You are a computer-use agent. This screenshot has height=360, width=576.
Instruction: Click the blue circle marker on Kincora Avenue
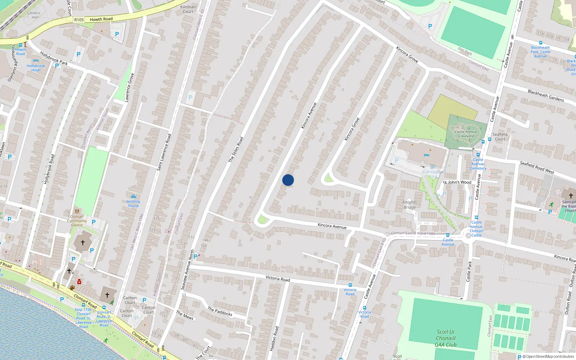click(x=288, y=180)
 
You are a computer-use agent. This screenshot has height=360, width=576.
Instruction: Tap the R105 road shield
click(x=79, y=20)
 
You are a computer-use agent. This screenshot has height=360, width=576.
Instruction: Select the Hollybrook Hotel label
click(x=36, y=68)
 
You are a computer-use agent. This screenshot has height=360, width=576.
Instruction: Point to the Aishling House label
click(x=133, y=203)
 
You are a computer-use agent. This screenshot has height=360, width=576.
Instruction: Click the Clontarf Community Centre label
click(x=77, y=221)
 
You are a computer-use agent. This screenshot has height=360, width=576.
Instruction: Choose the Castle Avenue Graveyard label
click(x=466, y=134)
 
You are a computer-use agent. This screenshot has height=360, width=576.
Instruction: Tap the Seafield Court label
click(x=500, y=136)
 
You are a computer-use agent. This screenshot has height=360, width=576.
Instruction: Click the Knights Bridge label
click(x=409, y=204)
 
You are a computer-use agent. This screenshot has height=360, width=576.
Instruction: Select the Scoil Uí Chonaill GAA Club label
click(x=446, y=338)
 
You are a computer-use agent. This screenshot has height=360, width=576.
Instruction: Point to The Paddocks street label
click(x=220, y=311)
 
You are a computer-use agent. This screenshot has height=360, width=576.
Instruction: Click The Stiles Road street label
click(x=236, y=149)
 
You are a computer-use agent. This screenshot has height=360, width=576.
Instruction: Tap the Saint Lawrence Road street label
click(x=164, y=152)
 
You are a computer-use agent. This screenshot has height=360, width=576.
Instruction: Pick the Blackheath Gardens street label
click(x=546, y=95)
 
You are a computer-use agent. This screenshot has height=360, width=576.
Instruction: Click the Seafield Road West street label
click(x=537, y=167)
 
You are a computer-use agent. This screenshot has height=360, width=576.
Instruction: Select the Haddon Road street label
click(x=274, y=338)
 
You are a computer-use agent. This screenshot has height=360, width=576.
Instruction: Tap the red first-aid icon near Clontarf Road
click(x=79, y=282)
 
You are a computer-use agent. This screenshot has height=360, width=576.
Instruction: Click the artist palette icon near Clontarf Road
click(x=72, y=288)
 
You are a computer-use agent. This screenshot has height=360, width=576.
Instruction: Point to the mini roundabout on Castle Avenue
click(x=468, y=235)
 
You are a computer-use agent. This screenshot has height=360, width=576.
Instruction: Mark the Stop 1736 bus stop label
click(x=83, y=310)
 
